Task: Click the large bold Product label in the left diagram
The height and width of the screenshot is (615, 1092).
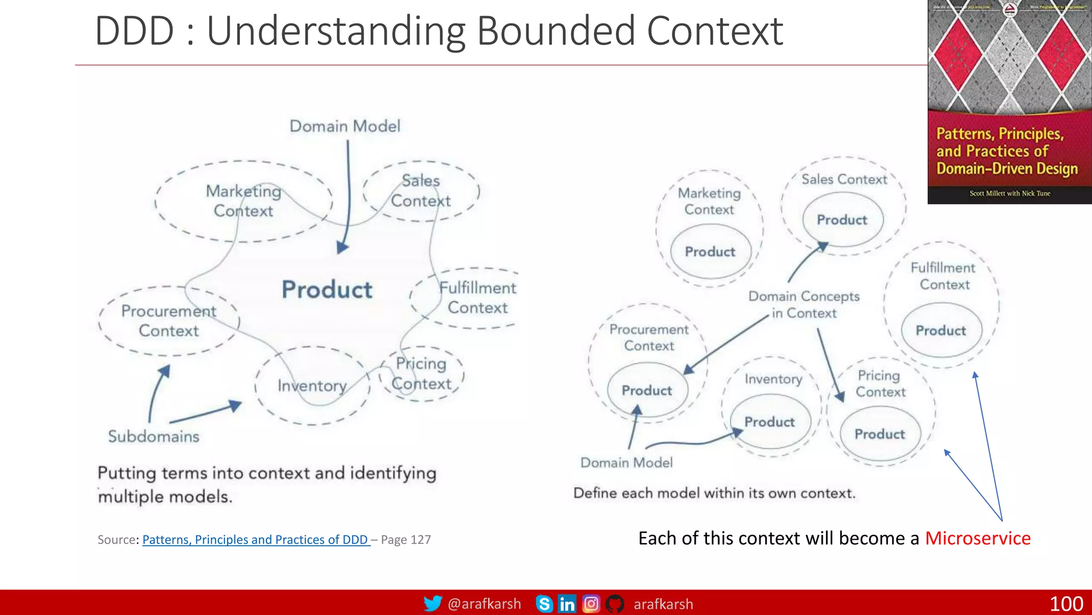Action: [x=327, y=290]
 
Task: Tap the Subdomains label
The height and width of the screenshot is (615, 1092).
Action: [x=154, y=437]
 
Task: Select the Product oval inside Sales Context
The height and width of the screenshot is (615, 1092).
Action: [x=842, y=219]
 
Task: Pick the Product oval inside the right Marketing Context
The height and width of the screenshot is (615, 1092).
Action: [x=710, y=251]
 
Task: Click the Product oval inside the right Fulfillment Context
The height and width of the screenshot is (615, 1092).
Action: [x=941, y=330]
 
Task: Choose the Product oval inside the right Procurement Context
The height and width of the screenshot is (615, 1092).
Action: [x=647, y=390]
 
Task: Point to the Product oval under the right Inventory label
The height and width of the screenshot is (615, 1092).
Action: [x=769, y=422]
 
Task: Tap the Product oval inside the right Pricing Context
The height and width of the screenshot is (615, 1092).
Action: [x=880, y=434]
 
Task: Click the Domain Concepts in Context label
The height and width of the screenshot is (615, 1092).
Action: [x=804, y=304]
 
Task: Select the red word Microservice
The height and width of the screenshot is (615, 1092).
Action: [x=977, y=538]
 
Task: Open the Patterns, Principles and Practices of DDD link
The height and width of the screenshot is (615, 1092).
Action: [x=255, y=540]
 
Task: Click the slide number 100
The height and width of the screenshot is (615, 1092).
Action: [x=1066, y=604]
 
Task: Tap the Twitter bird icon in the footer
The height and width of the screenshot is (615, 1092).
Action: [x=432, y=604]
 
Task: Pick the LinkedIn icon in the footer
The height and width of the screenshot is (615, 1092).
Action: [x=567, y=604]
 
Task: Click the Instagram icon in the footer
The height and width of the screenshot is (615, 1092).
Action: [x=591, y=604]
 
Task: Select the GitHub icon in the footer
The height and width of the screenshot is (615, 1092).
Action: [x=615, y=604]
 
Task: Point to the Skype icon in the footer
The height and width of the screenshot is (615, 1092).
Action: [x=544, y=604]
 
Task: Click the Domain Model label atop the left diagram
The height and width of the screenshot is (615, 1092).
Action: [x=345, y=126]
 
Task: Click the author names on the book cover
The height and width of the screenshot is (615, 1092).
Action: [x=1009, y=193]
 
